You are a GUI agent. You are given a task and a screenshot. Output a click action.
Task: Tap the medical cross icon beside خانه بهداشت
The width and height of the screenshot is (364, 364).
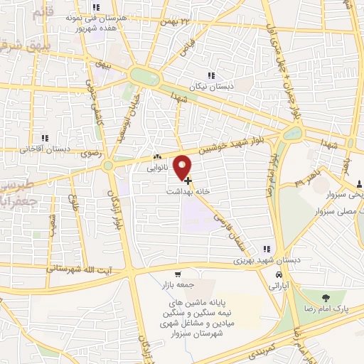point(186,181)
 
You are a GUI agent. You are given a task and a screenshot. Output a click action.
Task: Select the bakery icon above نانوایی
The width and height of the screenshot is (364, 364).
point(157,158)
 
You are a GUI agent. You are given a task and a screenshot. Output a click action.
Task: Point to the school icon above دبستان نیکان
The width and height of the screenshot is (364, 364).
point(210,75)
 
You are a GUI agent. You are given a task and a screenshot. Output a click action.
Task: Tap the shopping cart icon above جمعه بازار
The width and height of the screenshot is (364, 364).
point(177,274)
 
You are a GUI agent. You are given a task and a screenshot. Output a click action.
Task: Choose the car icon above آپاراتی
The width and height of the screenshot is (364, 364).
point(279,274)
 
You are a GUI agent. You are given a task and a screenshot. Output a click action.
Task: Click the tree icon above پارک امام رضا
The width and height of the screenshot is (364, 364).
point(326,297)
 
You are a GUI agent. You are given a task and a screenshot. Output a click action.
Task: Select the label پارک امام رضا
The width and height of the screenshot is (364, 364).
point(331,309)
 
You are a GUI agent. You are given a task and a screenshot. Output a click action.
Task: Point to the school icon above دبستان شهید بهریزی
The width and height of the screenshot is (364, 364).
point(266,249)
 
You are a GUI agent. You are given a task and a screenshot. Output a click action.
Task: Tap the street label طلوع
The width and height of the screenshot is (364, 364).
point(74,188)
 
